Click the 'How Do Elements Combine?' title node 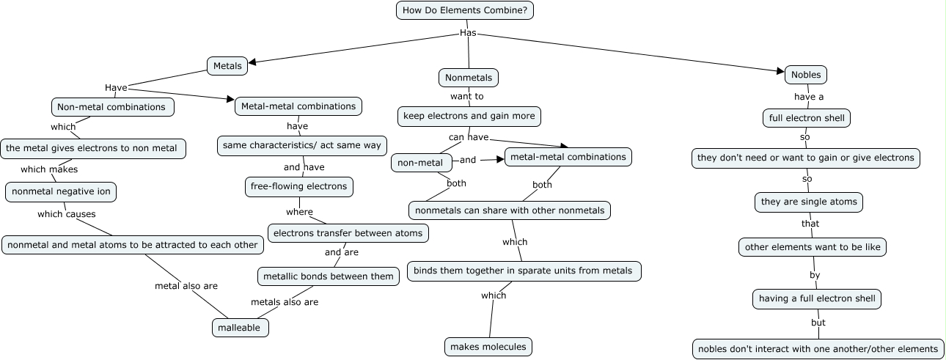coord(465,10)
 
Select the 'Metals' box coord(227,66)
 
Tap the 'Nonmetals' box coord(469,78)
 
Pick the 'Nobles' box coord(806,75)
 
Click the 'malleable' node coord(240,328)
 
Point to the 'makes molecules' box coord(488,346)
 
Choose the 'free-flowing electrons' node coord(298,187)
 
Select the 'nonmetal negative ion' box coord(61,192)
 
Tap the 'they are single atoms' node coord(809,202)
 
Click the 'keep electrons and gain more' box coord(469,116)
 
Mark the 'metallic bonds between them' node coord(329,276)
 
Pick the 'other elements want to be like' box coord(813,247)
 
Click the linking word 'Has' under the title coord(468,33)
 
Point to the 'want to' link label coord(467,96)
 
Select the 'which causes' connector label coord(66,214)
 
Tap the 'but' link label coord(818,323)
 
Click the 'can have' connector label coord(469,137)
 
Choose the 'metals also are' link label coord(285,302)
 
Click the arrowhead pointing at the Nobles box coord(780,71)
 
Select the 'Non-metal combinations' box coord(111,107)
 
